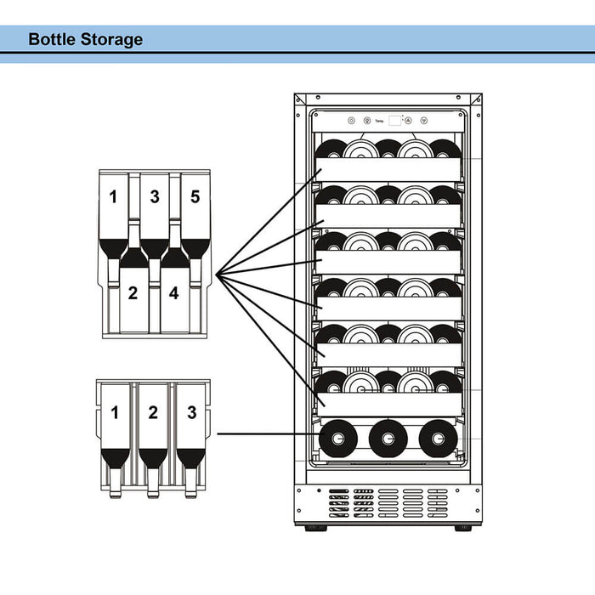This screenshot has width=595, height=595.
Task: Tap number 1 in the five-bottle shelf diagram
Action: (x=113, y=197)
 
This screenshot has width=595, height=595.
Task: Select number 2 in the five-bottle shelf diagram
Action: (x=133, y=294)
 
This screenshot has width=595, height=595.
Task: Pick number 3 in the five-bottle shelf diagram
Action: (x=155, y=197)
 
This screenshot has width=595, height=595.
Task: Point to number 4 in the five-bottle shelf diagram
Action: (x=174, y=294)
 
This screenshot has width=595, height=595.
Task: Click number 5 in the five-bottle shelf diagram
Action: (x=195, y=197)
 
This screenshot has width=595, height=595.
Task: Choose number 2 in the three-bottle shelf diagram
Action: (x=152, y=414)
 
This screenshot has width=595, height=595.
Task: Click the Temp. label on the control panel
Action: (x=379, y=122)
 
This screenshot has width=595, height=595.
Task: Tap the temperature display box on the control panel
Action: (x=395, y=122)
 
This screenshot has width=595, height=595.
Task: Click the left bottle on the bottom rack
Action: (x=337, y=439)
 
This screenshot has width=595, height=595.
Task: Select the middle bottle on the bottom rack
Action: (x=388, y=439)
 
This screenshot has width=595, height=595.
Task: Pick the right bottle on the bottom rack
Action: (x=438, y=439)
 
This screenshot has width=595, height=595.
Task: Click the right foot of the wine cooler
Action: (x=463, y=528)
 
